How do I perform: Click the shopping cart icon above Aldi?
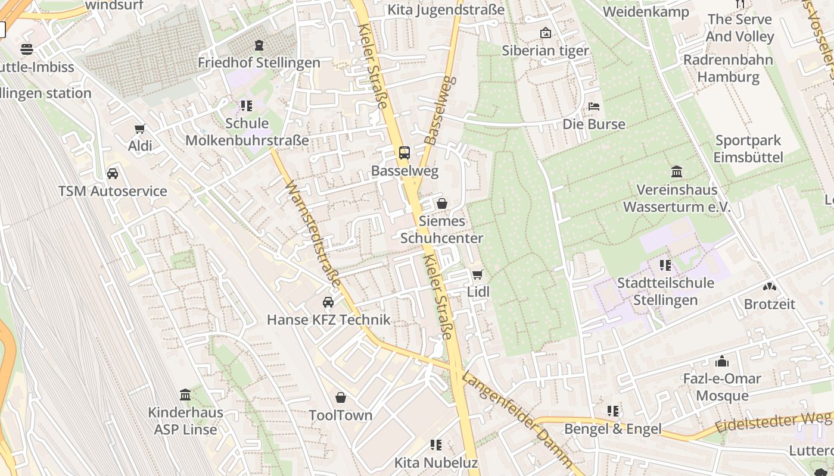140,129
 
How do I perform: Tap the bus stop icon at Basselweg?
404,153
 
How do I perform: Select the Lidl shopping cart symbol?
477,274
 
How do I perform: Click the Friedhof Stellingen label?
259,62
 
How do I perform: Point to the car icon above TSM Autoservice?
113,174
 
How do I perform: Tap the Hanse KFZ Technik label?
329,320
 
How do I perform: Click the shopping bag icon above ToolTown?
341,397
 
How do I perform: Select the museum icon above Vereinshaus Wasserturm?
677,172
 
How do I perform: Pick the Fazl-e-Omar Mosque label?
722,387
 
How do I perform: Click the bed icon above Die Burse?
594,107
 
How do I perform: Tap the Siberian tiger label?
545,51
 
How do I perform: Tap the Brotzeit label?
770,304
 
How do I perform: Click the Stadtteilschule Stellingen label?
665,291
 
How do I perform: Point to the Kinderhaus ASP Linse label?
185,421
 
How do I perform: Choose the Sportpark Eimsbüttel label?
749,149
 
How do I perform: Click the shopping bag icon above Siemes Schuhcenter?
442,203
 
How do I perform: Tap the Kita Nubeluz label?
436,462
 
